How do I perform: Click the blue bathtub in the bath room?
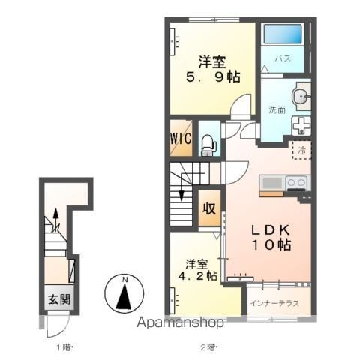[283, 34]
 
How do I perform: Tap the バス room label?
[283, 58]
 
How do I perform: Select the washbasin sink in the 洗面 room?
[301, 96]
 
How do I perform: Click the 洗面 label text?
[277, 109]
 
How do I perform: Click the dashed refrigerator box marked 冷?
[302, 150]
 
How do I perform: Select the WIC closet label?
[181, 138]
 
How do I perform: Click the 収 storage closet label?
[209, 208]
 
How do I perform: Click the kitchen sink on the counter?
[272, 183]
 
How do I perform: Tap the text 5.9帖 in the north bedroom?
[213, 77]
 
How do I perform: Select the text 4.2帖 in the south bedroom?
[197, 276]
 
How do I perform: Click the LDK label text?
[271, 230]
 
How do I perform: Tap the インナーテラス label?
[274, 303]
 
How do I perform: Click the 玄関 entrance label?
[59, 299]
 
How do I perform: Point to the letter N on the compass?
[124, 280]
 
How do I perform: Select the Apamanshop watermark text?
[180, 322]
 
